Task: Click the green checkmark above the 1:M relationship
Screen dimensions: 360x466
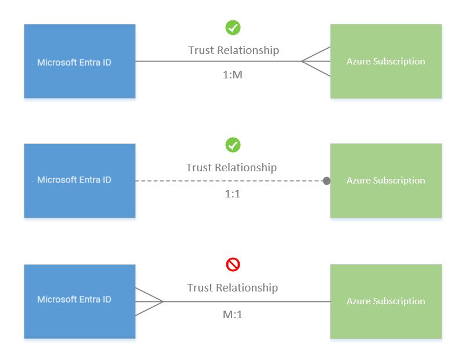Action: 233,27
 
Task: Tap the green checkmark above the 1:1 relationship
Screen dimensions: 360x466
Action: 233,145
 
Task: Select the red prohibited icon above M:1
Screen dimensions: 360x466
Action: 233,265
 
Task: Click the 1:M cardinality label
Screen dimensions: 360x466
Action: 233,74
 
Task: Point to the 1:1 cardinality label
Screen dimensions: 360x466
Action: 233,194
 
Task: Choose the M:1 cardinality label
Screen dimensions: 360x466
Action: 233,314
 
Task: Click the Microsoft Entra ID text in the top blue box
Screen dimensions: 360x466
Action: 74,62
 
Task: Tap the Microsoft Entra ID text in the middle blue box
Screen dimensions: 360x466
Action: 74,180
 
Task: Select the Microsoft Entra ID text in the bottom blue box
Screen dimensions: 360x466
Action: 74,300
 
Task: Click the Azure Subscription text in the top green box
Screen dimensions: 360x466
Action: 386,62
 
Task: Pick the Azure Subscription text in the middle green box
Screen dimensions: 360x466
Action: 386,181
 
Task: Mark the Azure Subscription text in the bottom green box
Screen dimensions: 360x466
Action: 386,301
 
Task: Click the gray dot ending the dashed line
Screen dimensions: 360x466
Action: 327,181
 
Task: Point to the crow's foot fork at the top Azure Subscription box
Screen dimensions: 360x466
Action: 316,61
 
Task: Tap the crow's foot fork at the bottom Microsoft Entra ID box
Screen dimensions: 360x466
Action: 149,301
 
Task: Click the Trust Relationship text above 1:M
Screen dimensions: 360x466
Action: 233,50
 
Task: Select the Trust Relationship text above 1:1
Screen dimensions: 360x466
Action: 231,167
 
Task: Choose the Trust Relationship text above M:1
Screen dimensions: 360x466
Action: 232,287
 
